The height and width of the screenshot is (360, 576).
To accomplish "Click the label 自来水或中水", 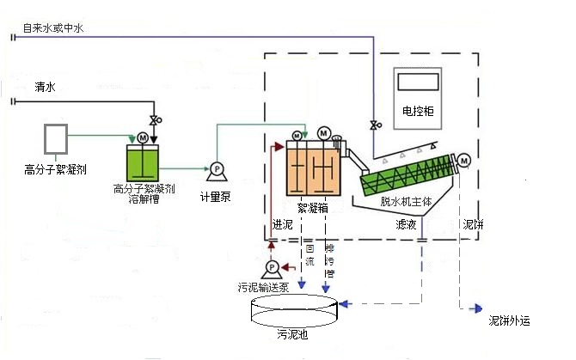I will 55,28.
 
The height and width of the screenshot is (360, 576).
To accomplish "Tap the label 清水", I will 45,88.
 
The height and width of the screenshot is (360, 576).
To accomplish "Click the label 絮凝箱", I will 312,207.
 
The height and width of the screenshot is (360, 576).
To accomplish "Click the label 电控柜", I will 418,112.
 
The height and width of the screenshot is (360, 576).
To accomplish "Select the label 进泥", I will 283,225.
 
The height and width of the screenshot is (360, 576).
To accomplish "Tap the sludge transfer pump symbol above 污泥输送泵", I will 272,271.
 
